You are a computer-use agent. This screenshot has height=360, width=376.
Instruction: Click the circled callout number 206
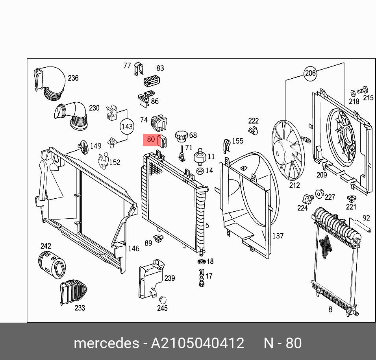pos(310,73)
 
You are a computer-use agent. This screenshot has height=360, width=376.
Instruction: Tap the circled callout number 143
pos(127,126)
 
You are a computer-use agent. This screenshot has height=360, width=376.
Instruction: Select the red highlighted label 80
pos(151,139)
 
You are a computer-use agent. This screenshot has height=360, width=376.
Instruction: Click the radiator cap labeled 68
pos(182,135)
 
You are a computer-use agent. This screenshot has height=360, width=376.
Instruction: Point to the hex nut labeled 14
pos(200,171)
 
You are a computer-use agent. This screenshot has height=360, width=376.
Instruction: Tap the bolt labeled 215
pos(363,90)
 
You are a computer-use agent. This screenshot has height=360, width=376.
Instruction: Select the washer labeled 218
pos(353,93)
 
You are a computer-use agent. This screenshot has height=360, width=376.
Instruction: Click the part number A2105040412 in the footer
pos(198,343)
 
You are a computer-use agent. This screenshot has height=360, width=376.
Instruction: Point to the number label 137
pos(278,236)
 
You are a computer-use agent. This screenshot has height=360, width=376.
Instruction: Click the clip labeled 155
pos(226,146)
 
